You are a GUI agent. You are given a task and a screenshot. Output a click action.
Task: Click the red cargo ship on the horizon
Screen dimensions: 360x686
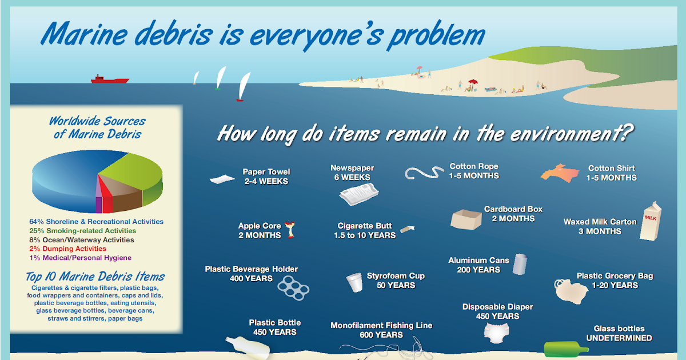coord(109,79)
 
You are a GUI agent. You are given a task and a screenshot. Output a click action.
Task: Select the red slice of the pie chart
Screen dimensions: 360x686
coord(106,201)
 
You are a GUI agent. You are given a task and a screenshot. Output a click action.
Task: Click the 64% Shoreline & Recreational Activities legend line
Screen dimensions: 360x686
coord(96,222)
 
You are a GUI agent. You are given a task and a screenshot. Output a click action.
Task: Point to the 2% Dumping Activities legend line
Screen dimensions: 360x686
coord(67,249)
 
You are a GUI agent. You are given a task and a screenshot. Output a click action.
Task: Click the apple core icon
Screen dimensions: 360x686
coord(292,230)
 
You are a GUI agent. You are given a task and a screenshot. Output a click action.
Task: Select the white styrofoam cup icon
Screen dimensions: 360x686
coord(354,282)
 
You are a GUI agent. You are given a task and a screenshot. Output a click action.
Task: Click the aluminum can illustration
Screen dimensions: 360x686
coord(519,264)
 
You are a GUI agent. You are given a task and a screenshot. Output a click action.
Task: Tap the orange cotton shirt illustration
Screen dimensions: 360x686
coord(561,173)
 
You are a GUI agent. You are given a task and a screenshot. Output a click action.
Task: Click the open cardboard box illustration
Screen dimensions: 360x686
coord(466,219)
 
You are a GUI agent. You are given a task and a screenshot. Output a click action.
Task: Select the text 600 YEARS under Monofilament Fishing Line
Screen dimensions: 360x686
coord(381,335)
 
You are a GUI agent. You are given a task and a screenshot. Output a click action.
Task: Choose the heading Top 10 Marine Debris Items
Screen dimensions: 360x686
coord(95,277)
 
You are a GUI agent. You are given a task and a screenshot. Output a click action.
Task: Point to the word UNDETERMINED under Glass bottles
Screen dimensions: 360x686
coord(619,338)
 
